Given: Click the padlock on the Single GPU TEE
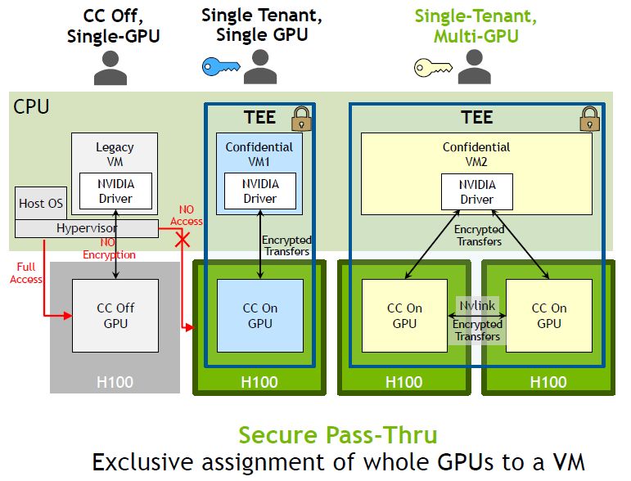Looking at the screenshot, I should point(300,119).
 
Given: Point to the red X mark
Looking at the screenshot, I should point(185,240).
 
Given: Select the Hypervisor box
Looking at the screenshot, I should point(86,229).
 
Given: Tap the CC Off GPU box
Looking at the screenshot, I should point(115,316).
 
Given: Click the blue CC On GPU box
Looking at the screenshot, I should point(259,316).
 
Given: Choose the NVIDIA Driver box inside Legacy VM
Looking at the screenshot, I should point(115,191).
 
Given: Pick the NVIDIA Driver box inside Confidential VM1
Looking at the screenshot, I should point(259,191).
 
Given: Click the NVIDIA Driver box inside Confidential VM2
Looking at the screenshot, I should point(476,191).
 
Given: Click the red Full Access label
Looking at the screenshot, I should point(26,272).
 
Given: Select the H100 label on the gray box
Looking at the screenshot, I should point(115,382).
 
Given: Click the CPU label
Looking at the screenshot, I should point(31,107).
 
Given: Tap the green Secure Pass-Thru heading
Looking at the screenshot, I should point(337,435).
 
